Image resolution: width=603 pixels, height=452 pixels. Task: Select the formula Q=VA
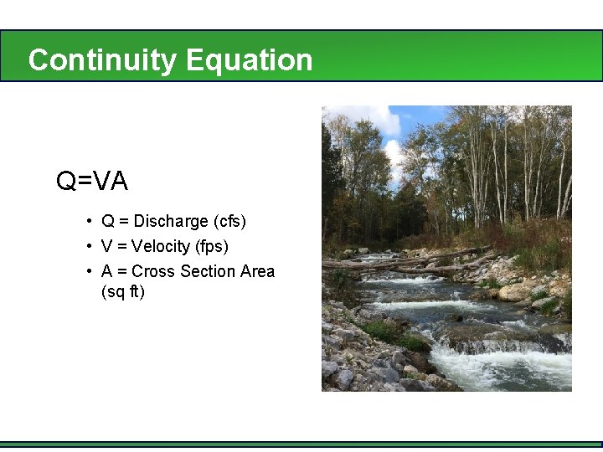point(92,181)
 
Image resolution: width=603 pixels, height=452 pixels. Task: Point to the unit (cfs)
point(230,222)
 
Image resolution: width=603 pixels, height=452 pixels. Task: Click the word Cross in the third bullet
point(151,271)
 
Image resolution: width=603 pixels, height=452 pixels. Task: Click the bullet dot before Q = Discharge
point(88,222)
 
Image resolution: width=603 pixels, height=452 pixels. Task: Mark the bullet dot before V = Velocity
point(88,247)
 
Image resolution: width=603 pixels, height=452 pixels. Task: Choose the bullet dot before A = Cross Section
point(88,271)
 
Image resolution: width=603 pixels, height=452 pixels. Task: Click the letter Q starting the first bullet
point(108,222)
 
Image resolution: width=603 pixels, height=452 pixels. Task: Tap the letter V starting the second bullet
point(107,247)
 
